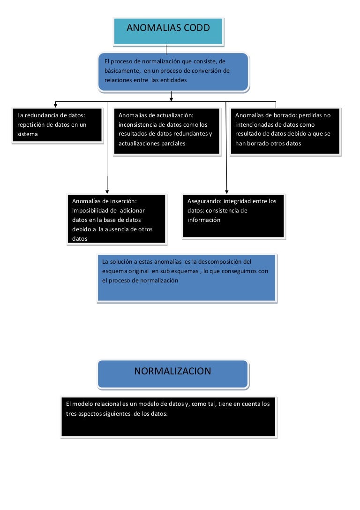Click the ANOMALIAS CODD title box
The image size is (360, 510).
pyautogui.click(x=168, y=31)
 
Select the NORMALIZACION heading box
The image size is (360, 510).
pyautogui.click(x=173, y=374)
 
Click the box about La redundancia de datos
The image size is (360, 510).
pyautogui.click(x=57, y=125)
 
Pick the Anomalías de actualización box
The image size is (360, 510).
pyautogui.click(x=167, y=131)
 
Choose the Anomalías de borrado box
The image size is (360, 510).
pyautogui.click(x=285, y=131)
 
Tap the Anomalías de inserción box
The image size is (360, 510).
pyautogui.click(x=116, y=219)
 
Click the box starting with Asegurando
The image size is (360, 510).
pyautogui.click(x=233, y=216)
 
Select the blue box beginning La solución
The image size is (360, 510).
pyautogui.click(x=187, y=278)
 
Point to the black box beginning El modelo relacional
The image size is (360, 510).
pyautogui.click(x=168, y=417)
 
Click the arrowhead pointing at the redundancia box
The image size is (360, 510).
pyautogui.click(x=56, y=106)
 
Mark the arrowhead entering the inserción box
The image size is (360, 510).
pyautogui.click(x=107, y=192)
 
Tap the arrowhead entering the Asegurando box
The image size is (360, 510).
pyautogui.click(x=227, y=192)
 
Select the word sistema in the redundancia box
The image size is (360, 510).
pyautogui.click(x=28, y=134)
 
